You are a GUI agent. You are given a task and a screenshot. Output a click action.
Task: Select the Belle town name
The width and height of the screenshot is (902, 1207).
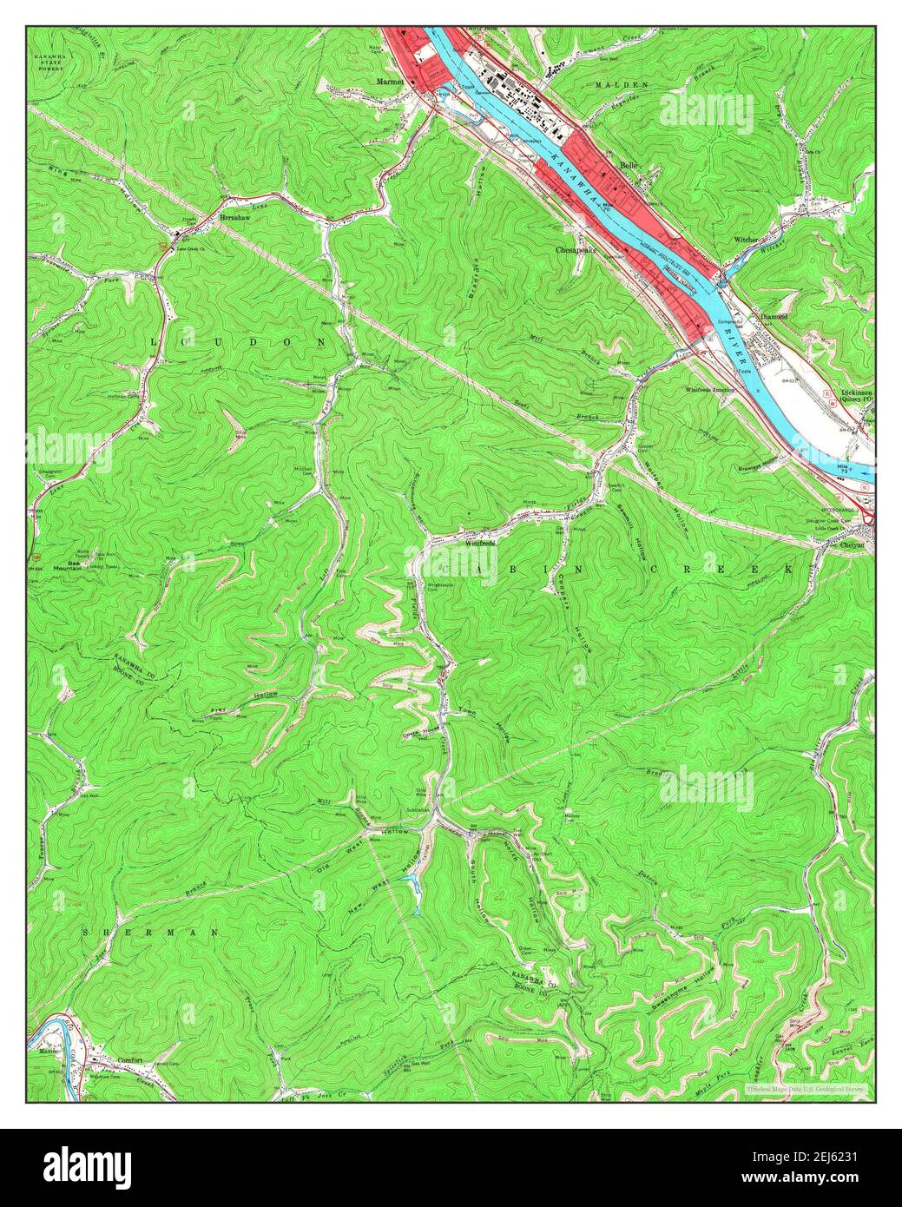coord(629,163)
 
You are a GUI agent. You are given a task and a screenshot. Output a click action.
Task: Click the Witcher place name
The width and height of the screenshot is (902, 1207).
coord(747,239)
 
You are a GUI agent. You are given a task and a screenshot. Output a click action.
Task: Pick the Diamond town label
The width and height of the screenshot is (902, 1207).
coord(774,318)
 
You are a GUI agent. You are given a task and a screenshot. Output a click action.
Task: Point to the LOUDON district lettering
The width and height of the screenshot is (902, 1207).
coord(239,342)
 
